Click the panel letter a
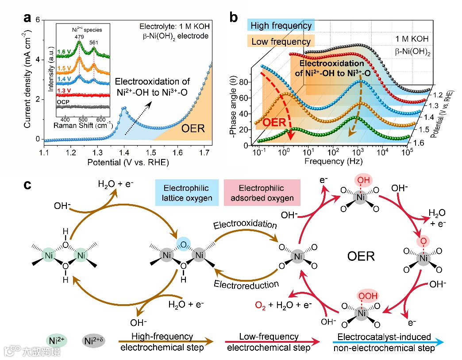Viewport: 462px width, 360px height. [x=28, y=19]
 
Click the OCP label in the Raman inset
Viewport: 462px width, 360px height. [x=63, y=101]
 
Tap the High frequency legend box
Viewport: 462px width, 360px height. [x=281, y=26]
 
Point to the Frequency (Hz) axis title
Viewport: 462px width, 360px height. [x=334, y=161]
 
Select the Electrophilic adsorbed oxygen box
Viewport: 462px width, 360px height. [x=262, y=193]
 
